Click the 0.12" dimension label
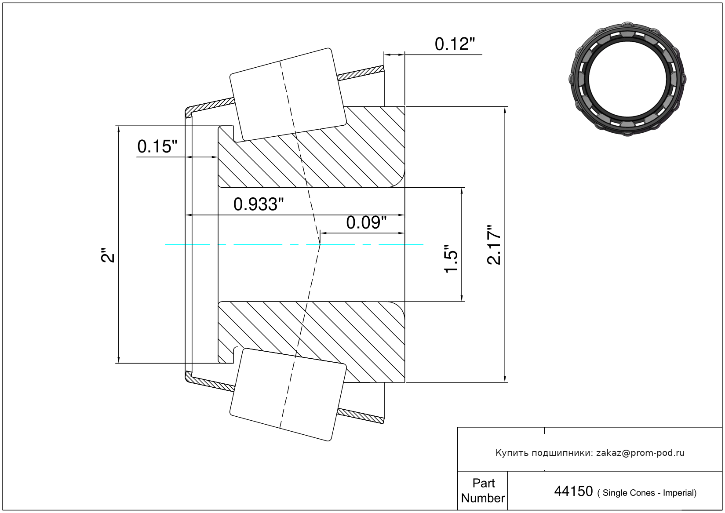click(455, 44)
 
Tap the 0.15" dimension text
click(157, 146)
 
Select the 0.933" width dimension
click(258, 204)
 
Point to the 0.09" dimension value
click(366, 223)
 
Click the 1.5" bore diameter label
click(451, 259)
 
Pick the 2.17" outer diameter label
click(494, 245)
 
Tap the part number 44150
click(573, 491)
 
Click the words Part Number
click(483, 491)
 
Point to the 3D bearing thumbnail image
click(627, 79)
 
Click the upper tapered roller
click(288, 95)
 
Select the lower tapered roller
click(288, 395)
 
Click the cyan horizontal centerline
click(294, 244)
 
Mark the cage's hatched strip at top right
click(361, 73)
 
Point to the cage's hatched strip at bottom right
click(361, 416)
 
